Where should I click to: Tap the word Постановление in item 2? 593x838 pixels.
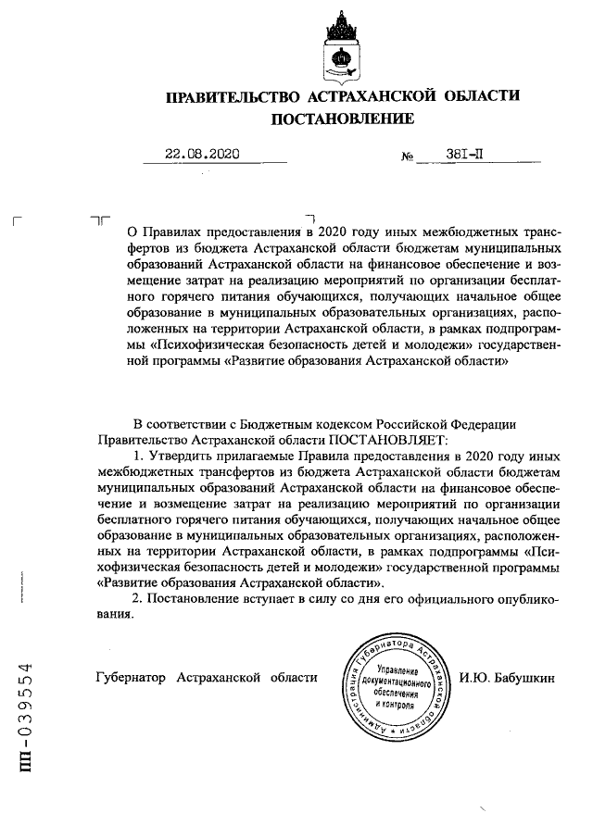coord(193,600)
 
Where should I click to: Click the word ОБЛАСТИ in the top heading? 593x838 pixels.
coord(474,96)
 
